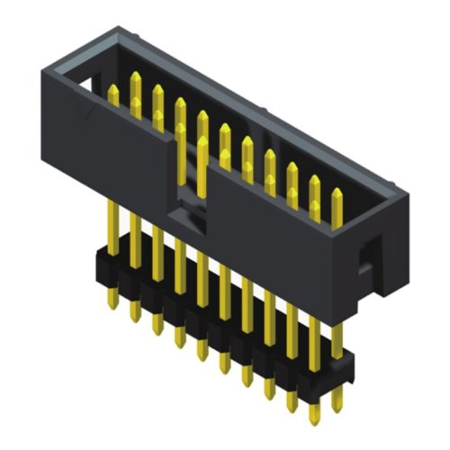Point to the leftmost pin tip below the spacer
point(113,303)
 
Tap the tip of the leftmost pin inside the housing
point(113,91)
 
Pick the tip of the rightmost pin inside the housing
point(337,194)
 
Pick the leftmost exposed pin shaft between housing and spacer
point(112,225)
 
